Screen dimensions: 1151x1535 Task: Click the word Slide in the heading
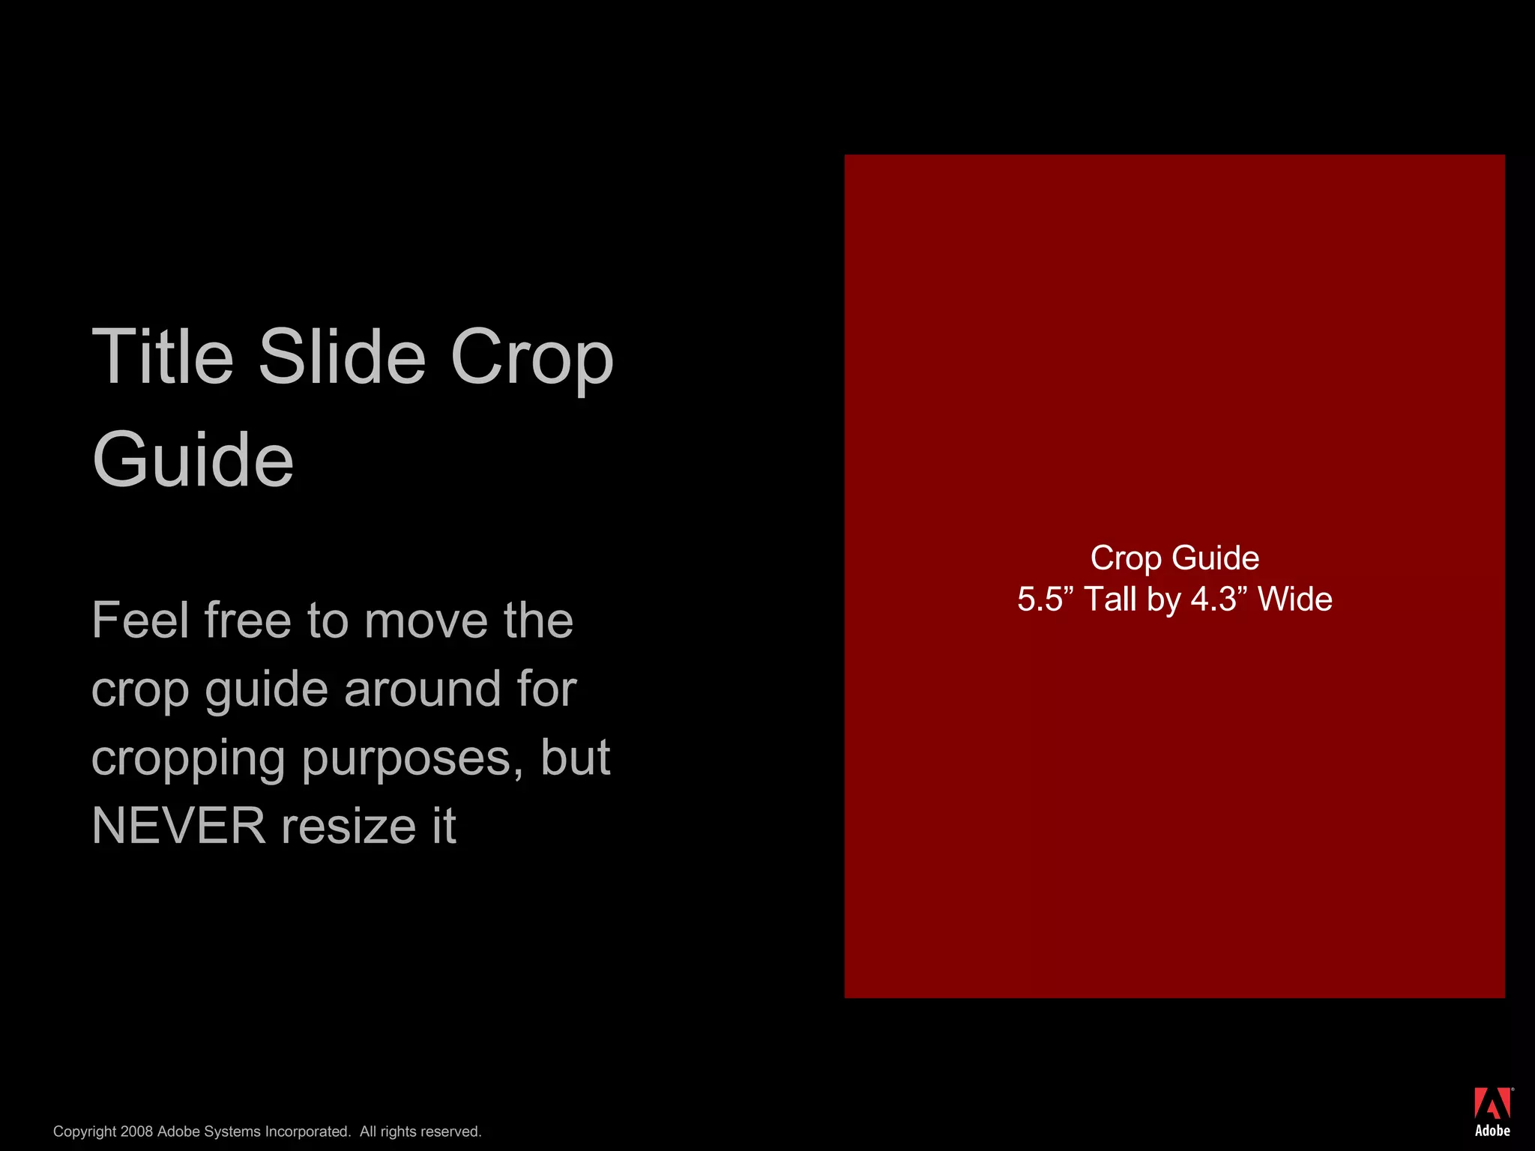point(343,357)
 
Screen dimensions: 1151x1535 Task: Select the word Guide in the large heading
point(193,460)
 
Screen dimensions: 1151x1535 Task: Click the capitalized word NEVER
point(178,826)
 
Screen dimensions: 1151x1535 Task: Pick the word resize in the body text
point(348,826)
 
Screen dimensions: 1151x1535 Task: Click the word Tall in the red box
point(1110,599)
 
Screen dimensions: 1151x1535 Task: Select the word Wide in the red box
point(1294,599)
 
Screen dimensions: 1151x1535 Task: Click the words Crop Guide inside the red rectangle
point(1174,558)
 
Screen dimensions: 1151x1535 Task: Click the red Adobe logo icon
point(1492,1104)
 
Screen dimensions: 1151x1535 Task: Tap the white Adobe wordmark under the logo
point(1492,1131)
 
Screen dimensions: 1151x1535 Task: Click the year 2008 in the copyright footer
point(136,1132)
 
